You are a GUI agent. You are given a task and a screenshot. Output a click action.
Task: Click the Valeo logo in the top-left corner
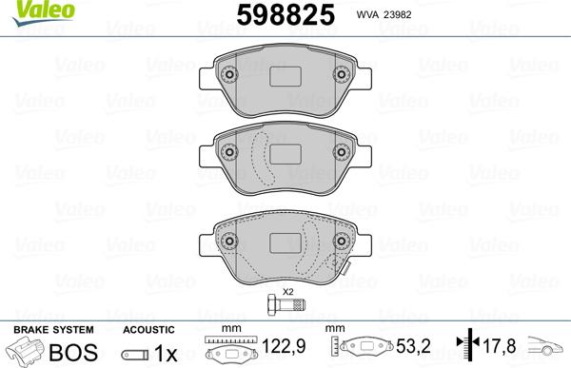coord(30,10)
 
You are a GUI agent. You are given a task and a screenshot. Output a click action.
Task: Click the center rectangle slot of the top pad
coord(285,82)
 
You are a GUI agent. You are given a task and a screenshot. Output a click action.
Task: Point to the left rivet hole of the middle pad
coord(228,149)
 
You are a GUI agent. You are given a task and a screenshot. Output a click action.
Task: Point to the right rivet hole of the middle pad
coord(342,149)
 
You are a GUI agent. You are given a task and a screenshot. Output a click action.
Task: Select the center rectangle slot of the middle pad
coord(285,152)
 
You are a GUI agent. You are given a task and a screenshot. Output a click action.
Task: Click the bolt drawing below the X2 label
coord(285,305)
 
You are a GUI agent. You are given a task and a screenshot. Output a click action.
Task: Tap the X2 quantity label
coord(286,291)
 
